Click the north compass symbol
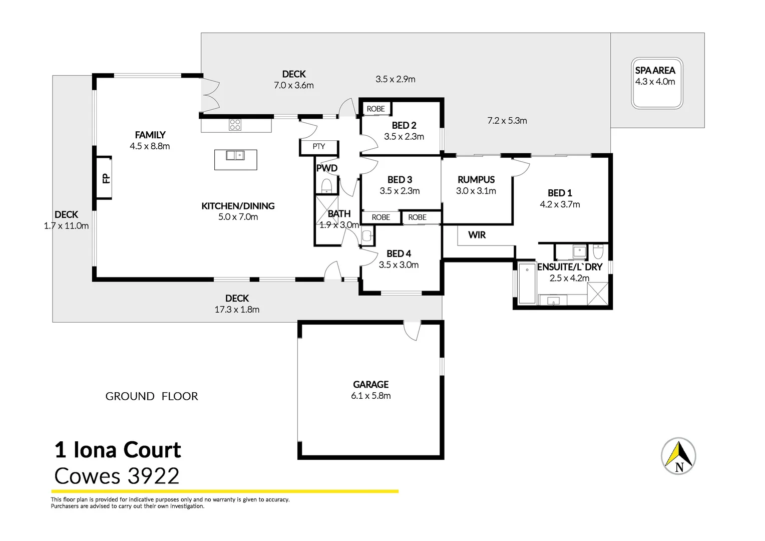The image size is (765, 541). coord(678,456)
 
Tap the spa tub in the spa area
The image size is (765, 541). coord(657,83)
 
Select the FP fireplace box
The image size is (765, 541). coord(104,178)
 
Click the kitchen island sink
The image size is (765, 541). coord(235,155)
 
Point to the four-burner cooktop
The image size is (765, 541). coord(235,125)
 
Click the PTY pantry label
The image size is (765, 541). coord(319,147)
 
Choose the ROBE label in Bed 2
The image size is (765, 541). coord(375,109)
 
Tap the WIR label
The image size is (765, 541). coord(477,235)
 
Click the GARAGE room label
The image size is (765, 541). coord(370,384)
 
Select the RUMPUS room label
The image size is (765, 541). coord(476,179)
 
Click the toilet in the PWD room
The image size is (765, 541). coord(326,186)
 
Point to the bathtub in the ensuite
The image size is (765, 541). coord(527,284)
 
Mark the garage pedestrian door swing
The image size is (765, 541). coord(412,331)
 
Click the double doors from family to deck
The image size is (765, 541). coord(210,95)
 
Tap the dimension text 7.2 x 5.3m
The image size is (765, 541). coord(507,121)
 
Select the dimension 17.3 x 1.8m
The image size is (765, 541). coord(237,310)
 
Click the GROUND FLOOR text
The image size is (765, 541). coord(152,396)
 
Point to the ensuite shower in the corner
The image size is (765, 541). coord(598,294)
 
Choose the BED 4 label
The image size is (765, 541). coord(399,253)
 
